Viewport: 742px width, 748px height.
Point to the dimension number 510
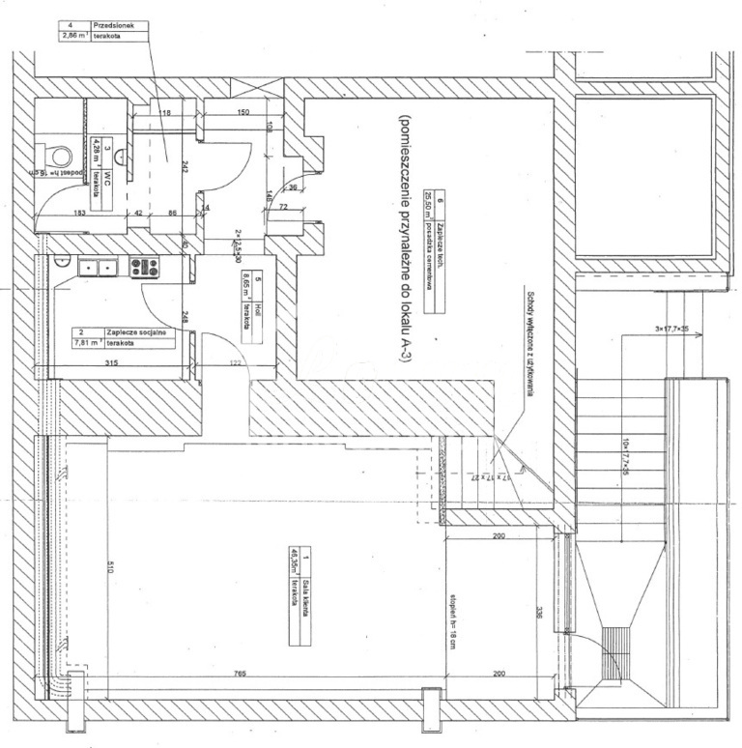point(112,570)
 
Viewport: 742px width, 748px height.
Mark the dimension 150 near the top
point(243,113)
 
